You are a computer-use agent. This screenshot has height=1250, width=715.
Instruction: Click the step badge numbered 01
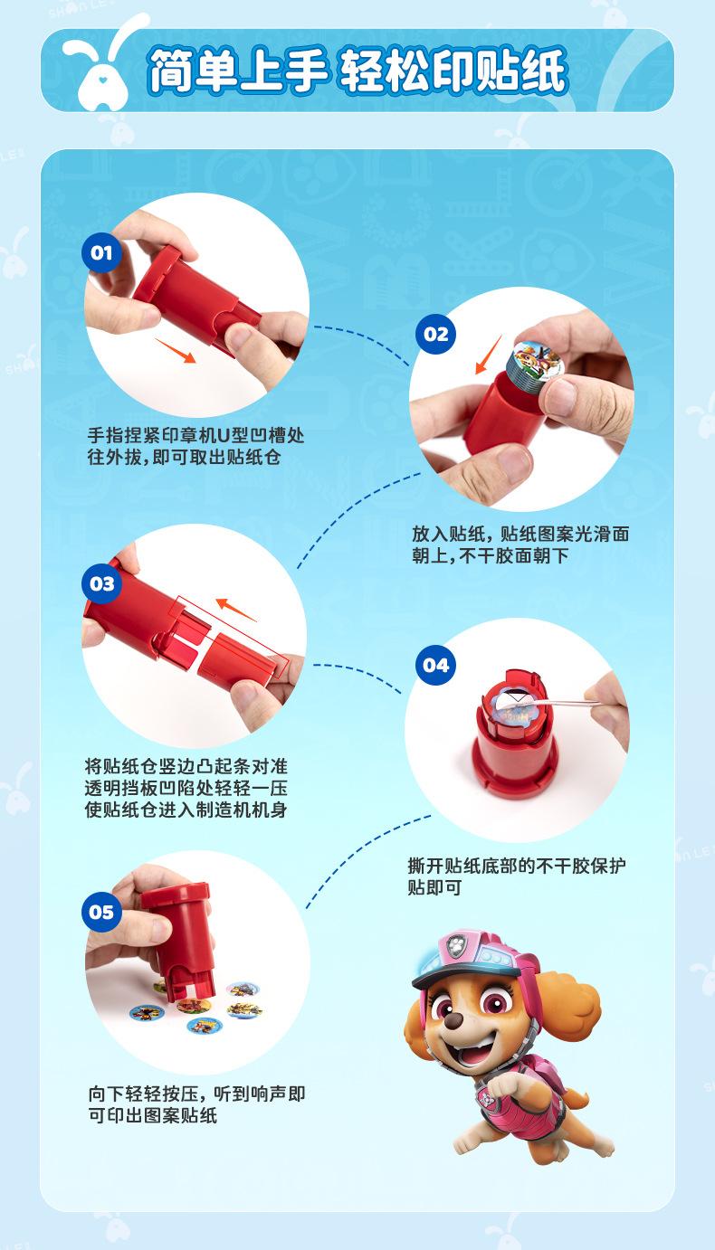(101, 252)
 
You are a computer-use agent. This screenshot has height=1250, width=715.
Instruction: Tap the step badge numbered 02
(435, 335)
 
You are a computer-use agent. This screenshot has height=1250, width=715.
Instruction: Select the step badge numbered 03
(101, 583)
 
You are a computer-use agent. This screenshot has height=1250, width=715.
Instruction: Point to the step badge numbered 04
(435, 665)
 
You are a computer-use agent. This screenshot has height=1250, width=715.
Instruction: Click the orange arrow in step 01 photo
(176, 350)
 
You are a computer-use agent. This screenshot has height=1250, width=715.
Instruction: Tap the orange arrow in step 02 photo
(488, 355)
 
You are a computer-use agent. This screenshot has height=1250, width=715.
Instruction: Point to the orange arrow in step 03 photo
(235, 610)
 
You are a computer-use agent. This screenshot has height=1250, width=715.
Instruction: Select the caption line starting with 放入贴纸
(520, 534)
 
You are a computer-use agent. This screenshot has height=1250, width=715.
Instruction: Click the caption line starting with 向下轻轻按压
(196, 1094)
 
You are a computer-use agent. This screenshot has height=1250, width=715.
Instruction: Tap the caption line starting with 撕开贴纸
(517, 866)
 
